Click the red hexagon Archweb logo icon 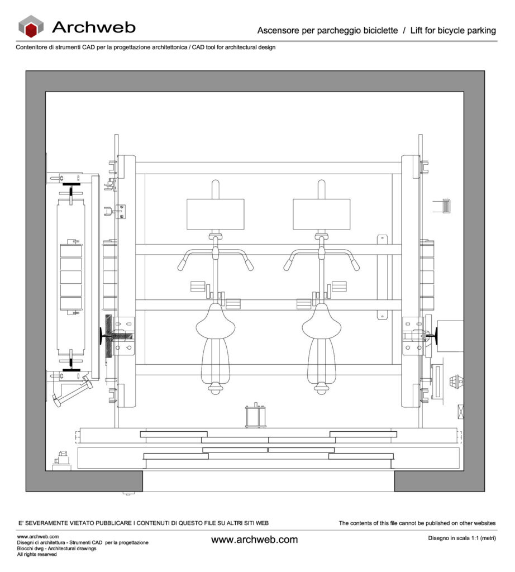tap(31, 27)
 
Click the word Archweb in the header tap(93, 27)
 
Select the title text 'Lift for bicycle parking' tap(453, 30)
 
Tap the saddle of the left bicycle tap(216, 322)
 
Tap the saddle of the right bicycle tap(322, 322)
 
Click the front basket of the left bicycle tap(216, 214)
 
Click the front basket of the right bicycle tap(322, 214)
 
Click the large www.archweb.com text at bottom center tap(254, 540)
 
